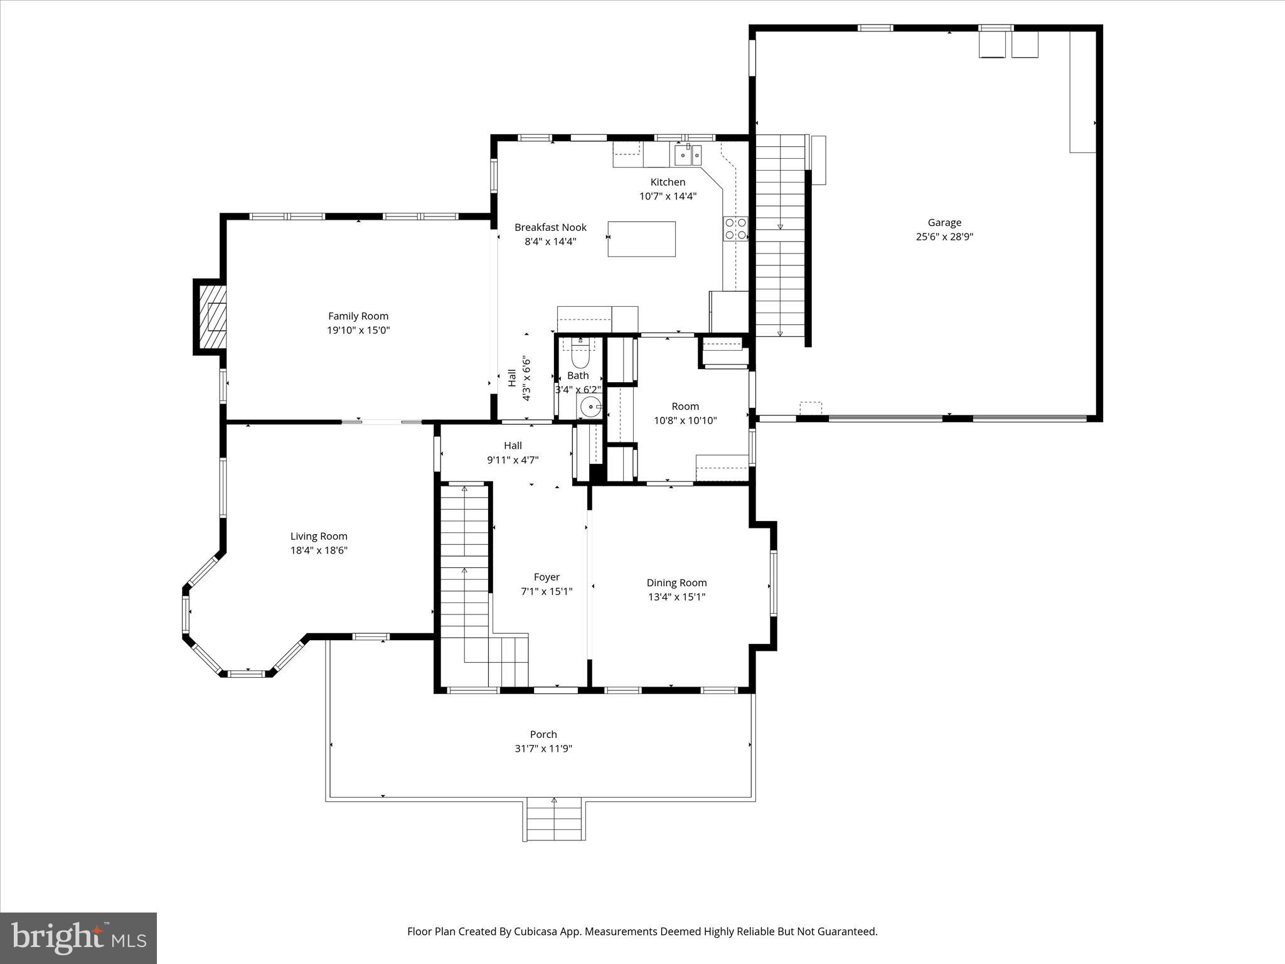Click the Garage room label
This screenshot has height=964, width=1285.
click(x=944, y=223)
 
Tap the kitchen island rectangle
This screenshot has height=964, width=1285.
click(x=641, y=239)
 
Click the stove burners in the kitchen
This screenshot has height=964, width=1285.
click(x=736, y=228)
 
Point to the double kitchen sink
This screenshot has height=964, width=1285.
click(x=688, y=154)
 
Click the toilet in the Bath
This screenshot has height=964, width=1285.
click(x=580, y=355)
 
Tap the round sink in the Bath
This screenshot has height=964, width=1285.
click(x=590, y=407)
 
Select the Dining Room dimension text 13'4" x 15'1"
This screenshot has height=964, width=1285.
click(x=676, y=597)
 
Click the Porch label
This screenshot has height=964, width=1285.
click(x=543, y=734)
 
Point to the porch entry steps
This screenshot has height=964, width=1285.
click(x=555, y=820)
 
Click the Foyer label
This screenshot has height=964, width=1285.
click(x=547, y=577)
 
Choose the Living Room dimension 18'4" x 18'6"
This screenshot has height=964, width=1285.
click(x=319, y=550)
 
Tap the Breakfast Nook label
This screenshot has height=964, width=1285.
click(x=550, y=227)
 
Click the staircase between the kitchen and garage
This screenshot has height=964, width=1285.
click(x=780, y=235)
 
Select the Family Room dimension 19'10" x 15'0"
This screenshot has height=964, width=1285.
click(x=358, y=330)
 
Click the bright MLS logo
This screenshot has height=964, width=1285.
click(x=78, y=938)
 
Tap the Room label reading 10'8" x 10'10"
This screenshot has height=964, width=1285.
click(x=685, y=420)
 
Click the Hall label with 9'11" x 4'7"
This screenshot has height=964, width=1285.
click(x=513, y=453)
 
